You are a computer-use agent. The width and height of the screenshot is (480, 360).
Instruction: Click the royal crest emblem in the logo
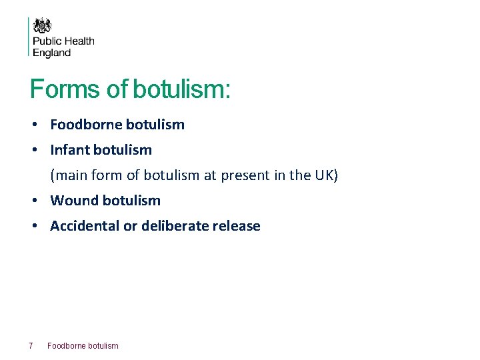pos(43,25)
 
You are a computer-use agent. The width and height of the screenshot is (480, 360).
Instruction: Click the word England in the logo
pos(52,53)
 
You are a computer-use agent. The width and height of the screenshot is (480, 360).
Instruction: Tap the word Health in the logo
pos(80,41)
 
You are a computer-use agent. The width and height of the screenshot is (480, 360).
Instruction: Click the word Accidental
pos(85,226)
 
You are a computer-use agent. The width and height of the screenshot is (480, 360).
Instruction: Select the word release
pos(236,226)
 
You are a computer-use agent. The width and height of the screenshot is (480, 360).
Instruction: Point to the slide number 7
pos(31,345)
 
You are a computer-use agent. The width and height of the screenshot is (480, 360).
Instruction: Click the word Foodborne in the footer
pos(66,345)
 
